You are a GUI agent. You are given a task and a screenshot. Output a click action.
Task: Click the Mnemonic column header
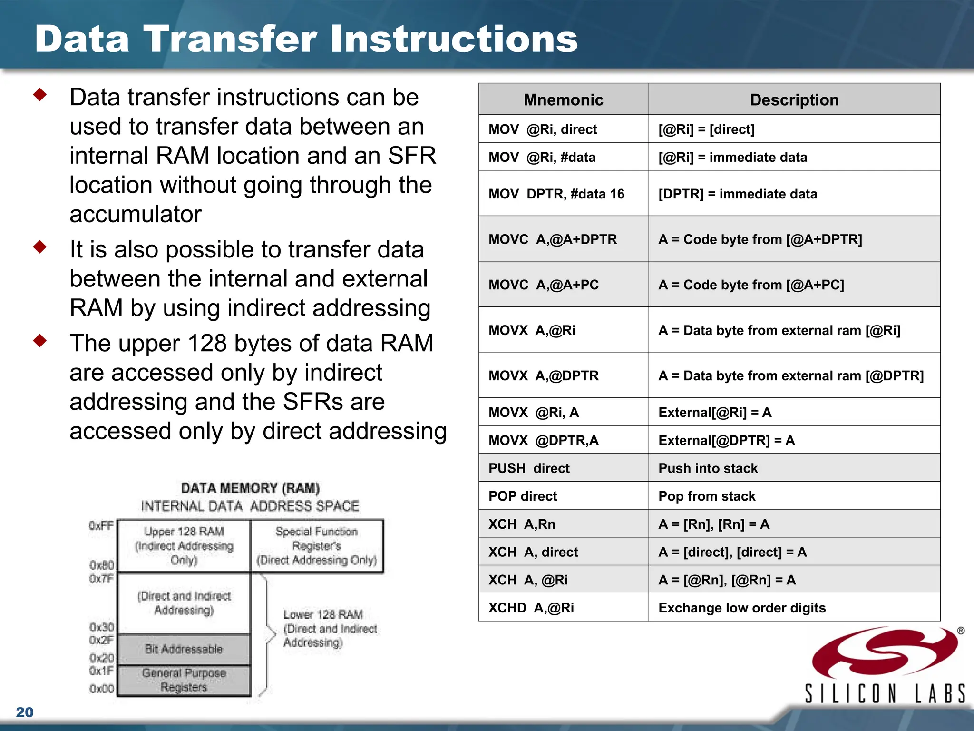(563, 99)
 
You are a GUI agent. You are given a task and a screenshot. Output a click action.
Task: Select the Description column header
(794, 99)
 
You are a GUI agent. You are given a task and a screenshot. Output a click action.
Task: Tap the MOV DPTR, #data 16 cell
(556, 194)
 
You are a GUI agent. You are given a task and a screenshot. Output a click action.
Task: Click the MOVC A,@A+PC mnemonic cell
(544, 285)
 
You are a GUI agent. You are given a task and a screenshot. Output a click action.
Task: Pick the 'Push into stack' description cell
(708, 468)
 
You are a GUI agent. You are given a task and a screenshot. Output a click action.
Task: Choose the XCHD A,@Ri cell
(531, 608)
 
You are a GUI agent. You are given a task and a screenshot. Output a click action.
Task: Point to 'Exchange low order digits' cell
(741, 608)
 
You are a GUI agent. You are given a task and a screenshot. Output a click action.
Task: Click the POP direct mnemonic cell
(522, 496)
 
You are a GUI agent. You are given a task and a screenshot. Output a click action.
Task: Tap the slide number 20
(25, 712)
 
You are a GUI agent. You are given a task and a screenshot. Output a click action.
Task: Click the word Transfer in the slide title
(230, 39)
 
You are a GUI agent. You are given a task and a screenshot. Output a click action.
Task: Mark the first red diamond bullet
(40, 95)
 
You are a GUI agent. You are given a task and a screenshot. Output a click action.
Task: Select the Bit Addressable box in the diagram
(184, 649)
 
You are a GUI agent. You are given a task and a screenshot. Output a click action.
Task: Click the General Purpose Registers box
(184, 680)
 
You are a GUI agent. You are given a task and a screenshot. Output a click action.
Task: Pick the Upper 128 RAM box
(184, 545)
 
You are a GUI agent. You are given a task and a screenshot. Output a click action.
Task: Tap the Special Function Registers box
(316, 545)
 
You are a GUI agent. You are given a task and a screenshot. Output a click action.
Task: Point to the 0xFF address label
(101, 525)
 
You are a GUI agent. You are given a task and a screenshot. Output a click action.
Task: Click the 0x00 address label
(102, 689)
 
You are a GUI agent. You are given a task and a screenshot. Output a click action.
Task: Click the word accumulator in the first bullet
(136, 214)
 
